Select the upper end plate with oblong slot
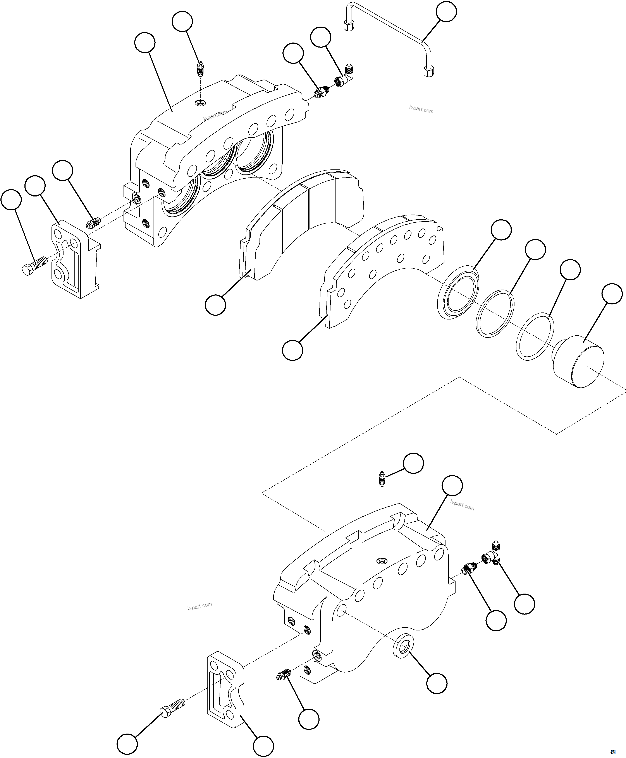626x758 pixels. pos(75,259)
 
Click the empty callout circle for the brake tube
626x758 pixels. pos(446,12)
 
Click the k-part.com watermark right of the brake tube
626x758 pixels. pos(421,109)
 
